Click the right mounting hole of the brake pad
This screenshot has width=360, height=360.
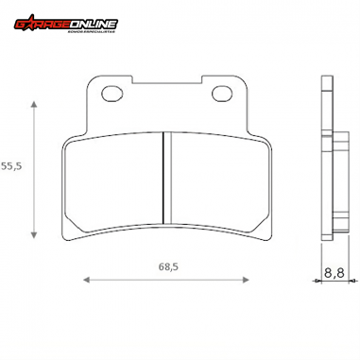(x=223, y=94)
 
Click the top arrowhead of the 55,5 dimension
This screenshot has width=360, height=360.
(x=35, y=99)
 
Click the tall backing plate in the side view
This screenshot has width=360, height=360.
(x=325, y=161)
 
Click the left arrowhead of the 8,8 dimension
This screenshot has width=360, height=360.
(x=316, y=280)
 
